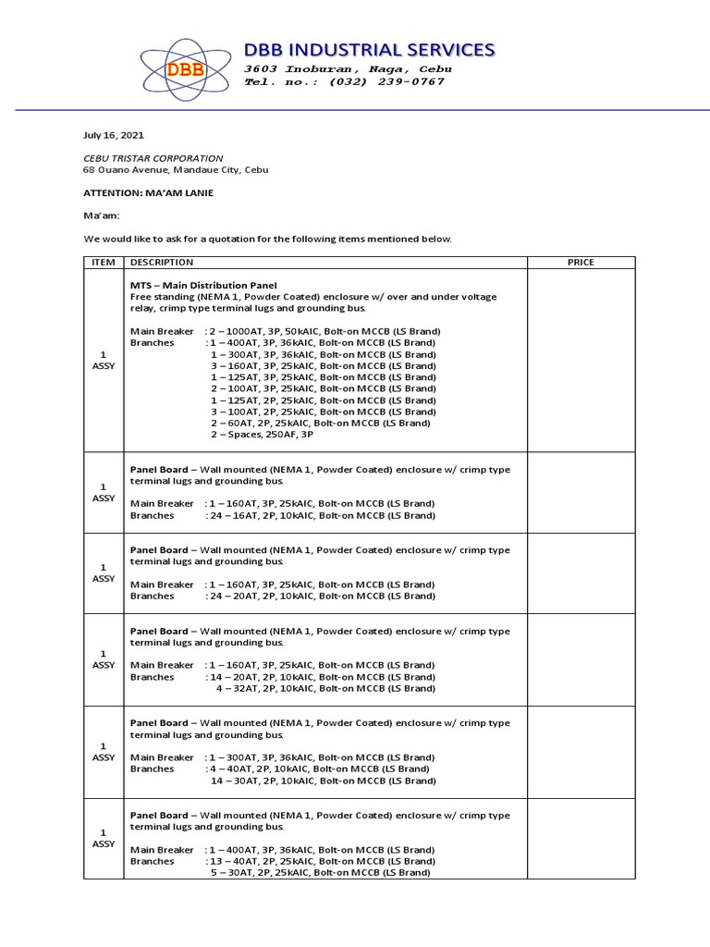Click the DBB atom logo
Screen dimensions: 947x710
point(186,69)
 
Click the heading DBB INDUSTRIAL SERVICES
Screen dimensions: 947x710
point(369,49)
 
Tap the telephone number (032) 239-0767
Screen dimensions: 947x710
point(344,82)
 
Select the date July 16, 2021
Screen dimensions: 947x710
point(114,135)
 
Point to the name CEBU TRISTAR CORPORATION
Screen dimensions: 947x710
point(153,158)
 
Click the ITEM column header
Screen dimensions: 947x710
point(103,263)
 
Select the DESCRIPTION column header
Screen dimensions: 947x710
point(162,263)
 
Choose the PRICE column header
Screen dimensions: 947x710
point(581,263)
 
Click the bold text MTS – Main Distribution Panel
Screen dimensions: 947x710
point(203,285)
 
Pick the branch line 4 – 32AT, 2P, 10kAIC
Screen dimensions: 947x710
point(324,688)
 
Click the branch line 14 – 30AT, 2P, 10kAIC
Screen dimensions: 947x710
point(323,781)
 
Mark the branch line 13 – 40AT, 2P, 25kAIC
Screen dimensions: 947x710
point(319,861)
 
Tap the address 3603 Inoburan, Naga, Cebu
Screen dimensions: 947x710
point(348,69)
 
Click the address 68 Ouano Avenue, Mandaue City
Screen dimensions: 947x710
point(176,170)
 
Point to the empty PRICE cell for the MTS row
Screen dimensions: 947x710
point(581,360)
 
